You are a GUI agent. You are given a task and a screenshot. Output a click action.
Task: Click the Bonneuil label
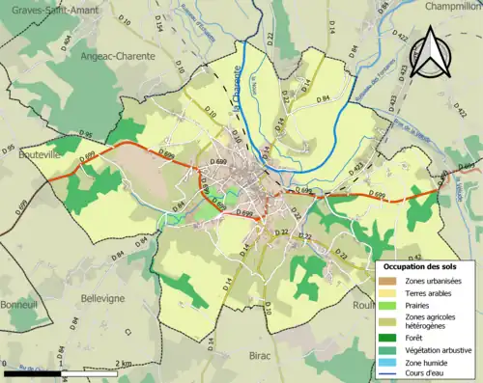20,275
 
